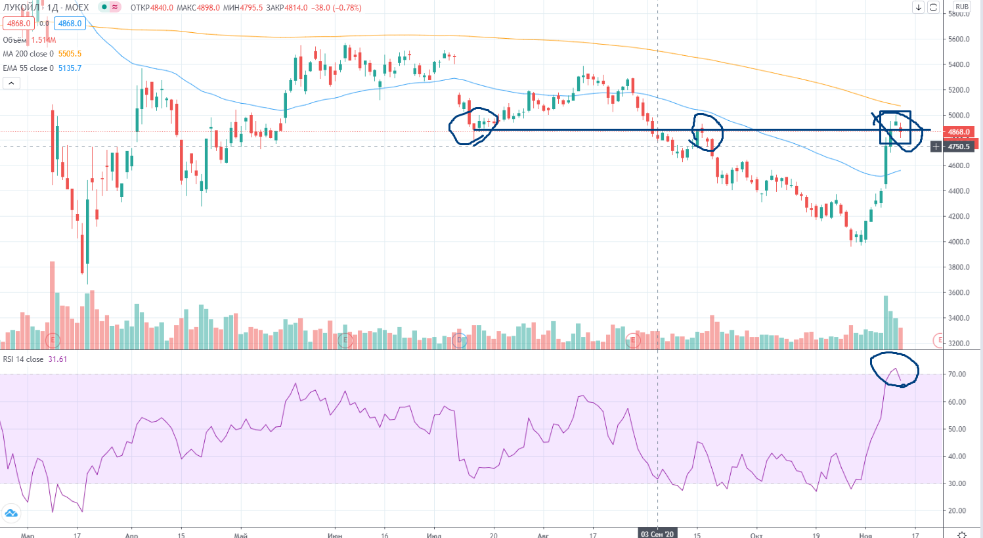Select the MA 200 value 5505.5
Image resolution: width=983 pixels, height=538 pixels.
(x=70, y=54)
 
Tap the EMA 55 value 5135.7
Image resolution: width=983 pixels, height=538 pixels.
(x=70, y=68)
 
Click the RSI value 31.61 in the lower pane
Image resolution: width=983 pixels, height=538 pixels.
(x=57, y=359)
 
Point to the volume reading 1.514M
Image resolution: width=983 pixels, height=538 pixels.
(x=43, y=40)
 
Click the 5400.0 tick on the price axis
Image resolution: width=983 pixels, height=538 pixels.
(x=959, y=64)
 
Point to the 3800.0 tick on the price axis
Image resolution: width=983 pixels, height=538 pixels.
(x=959, y=267)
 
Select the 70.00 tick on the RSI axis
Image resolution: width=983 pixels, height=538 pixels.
(x=957, y=374)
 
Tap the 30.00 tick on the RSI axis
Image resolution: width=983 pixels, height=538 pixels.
(x=957, y=483)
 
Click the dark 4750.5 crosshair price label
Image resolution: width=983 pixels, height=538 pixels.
(x=959, y=146)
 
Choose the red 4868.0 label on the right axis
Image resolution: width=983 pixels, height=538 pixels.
(x=959, y=132)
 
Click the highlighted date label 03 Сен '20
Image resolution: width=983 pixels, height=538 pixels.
(x=657, y=534)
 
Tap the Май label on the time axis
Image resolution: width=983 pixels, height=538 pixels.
(x=240, y=535)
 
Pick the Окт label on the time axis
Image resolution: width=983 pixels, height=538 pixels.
(x=756, y=535)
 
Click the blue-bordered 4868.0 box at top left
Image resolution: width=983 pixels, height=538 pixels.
(x=70, y=24)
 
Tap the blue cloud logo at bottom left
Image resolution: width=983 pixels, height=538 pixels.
(x=11, y=513)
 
